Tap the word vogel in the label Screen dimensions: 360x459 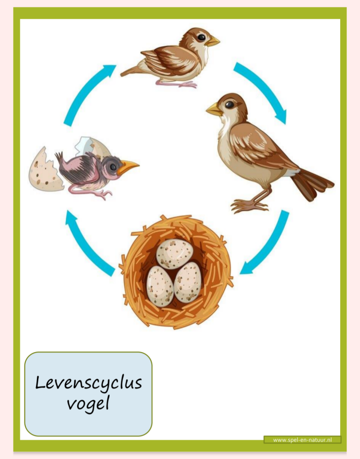click(88, 403)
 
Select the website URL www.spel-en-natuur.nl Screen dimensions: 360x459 click(302, 440)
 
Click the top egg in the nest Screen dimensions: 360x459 click(174, 254)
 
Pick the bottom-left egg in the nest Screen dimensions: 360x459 click(160, 286)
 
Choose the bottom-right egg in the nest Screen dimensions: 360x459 click(187, 282)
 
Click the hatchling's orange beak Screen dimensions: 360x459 click(128, 167)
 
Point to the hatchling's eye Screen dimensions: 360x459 click(112, 166)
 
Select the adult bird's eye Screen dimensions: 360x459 click(229, 105)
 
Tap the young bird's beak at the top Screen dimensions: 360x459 click(213, 41)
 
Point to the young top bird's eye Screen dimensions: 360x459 click(201, 37)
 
